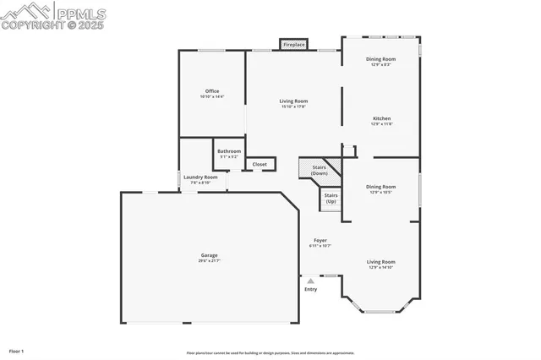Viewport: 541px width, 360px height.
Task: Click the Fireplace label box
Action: tap(293, 44)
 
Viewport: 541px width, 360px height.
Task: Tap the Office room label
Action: tap(212, 91)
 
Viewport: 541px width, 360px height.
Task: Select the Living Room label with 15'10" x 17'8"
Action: tap(293, 101)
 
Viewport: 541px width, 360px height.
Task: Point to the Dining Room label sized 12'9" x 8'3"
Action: tap(380, 59)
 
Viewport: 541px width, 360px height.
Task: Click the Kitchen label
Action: tap(382, 118)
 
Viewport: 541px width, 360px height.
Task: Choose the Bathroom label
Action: tap(229, 151)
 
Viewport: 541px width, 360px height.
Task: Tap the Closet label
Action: tap(260, 164)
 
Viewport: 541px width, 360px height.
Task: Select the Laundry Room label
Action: tap(200, 177)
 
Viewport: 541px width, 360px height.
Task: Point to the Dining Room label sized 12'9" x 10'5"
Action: tap(380, 187)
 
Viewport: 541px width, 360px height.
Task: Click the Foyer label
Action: tap(320, 240)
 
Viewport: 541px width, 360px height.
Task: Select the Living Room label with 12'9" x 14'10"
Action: tap(380, 262)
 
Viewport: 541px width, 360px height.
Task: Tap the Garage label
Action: tap(209, 255)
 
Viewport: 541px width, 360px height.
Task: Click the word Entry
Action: tap(311, 289)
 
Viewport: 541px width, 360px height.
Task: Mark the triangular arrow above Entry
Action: tap(311, 280)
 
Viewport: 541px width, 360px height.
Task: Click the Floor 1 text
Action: tap(16, 350)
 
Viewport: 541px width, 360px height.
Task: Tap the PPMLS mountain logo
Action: tap(28, 10)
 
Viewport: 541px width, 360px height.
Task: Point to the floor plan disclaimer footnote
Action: tap(270, 352)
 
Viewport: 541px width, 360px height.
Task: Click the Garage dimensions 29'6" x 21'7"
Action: tap(209, 260)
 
